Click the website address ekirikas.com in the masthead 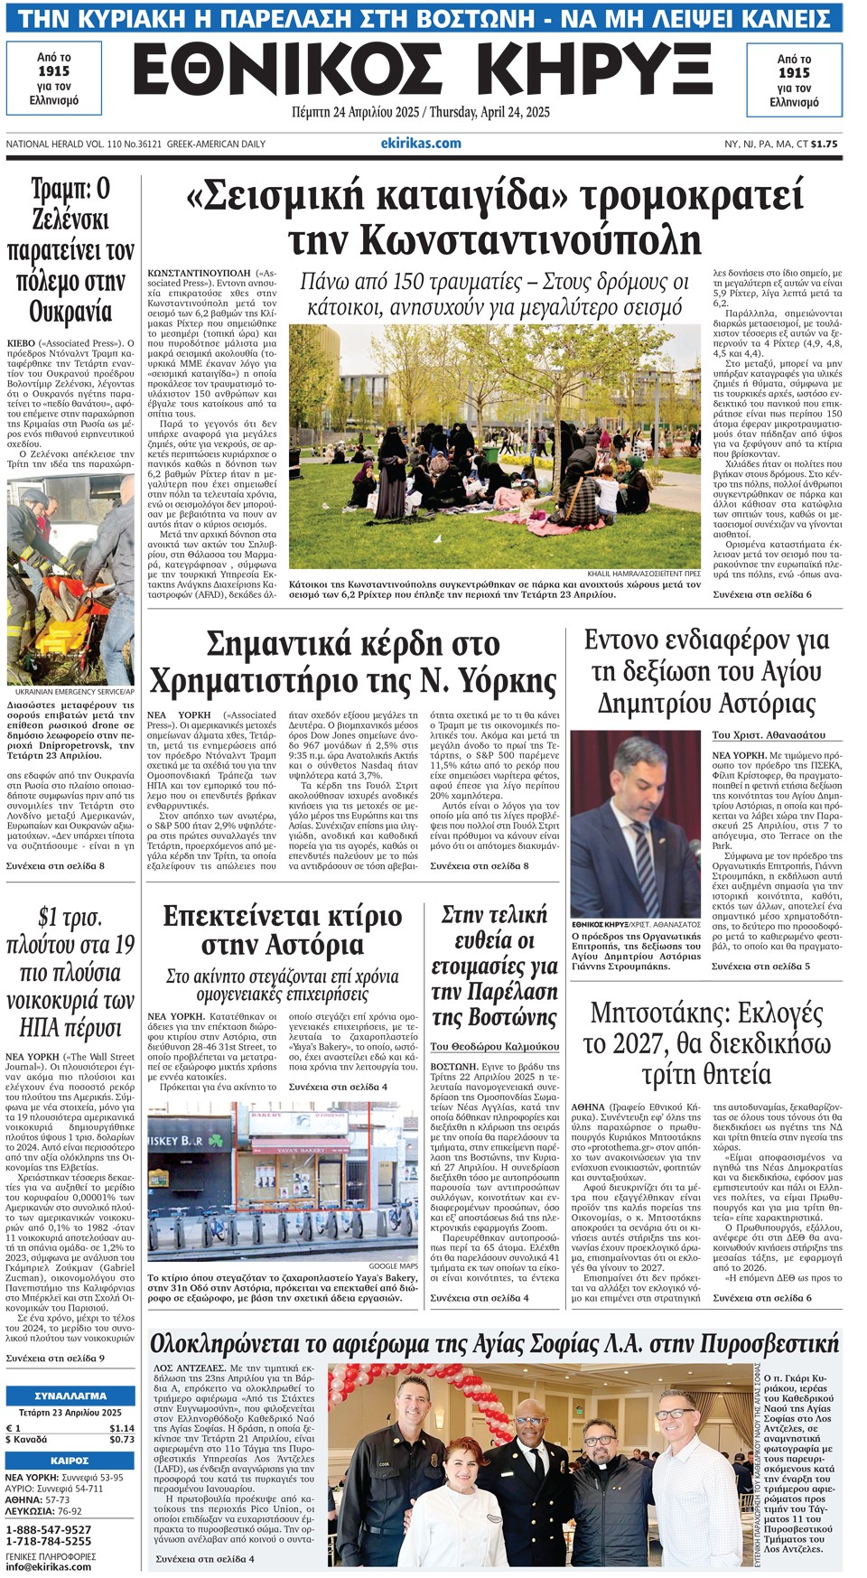(421, 143)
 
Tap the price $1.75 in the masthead (824, 144)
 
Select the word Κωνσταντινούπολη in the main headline (495, 240)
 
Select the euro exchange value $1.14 (122, 1428)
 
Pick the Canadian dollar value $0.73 (122, 1439)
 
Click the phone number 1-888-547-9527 (49, 1529)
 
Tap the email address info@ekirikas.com (49, 1566)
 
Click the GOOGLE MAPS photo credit (393, 1266)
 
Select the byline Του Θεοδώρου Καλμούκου (494, 1046)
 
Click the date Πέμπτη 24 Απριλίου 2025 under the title (358, 113)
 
